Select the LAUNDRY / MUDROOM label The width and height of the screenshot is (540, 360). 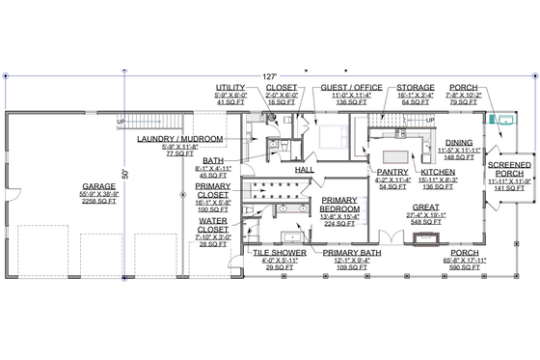pyautogui.click(x=176, y=139)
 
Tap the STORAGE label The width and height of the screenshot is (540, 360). pyautogui.click(x=416, y=86)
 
